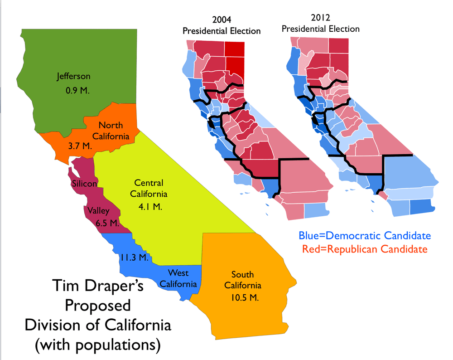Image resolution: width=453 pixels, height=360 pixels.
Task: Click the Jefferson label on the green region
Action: [x=73, y=76]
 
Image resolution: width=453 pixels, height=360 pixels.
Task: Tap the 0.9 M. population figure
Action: [x=78, y=90]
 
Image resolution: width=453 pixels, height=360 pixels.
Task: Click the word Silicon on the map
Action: [x=84, y=184]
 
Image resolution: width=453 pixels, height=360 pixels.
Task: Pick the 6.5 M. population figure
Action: [x=107, y=223]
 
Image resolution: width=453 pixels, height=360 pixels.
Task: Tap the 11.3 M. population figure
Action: [x=135, y=258]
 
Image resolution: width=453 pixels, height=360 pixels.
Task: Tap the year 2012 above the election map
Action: [x=320, y=19]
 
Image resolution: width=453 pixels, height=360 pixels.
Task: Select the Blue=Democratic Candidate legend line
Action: [x=364, y=236]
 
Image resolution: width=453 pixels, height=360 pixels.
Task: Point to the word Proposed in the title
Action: [x=97, y=306]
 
